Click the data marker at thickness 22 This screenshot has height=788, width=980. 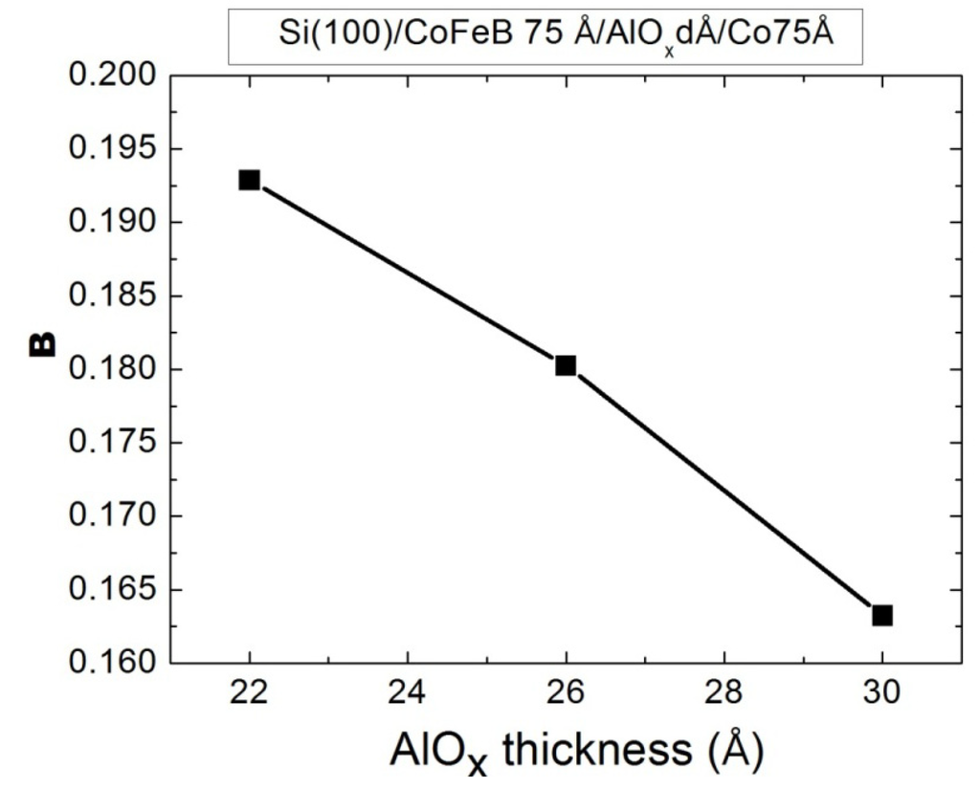coord(250,180)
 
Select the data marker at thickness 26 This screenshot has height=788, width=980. coord(566,365)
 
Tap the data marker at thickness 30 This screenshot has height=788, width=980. coord(882,615)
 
